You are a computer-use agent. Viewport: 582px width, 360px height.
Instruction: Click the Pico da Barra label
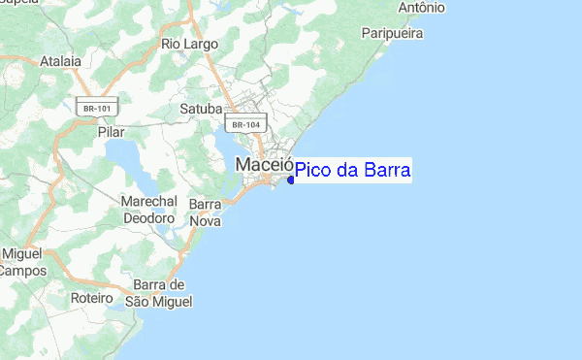point(353,171)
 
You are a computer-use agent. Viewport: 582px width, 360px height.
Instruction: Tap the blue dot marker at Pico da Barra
point(291,180)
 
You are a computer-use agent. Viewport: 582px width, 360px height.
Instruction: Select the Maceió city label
point(264,167)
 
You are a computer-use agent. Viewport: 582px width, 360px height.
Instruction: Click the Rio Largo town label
point(190,44)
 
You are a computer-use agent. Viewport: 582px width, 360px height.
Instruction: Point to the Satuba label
point(202,109)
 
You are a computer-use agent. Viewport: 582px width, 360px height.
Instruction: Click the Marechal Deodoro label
point(148,210)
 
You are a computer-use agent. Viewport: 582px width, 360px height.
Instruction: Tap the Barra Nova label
point(206,213)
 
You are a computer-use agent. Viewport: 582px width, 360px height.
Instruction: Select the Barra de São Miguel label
point(159,292)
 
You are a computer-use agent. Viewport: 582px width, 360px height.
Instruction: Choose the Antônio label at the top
point(421,8)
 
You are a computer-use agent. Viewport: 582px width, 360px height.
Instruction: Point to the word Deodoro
point(148,218)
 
